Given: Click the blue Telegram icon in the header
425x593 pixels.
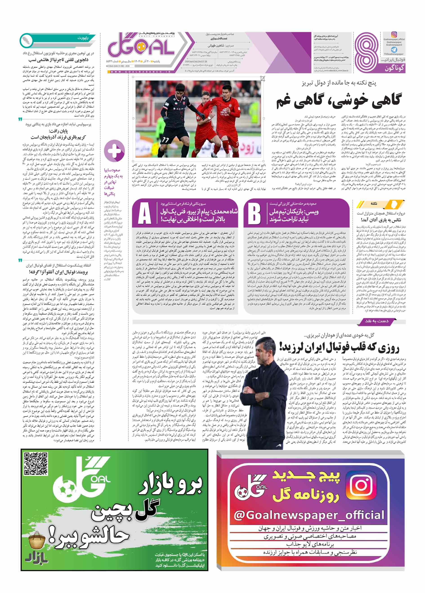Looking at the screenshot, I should click(x=394, y=49).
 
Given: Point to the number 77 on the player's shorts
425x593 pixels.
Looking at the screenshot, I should click(x=165, y=140).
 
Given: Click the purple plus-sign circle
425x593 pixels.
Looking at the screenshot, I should click(x=114, y=151).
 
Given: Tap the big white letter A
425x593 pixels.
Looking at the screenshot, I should click(x=144, y=213).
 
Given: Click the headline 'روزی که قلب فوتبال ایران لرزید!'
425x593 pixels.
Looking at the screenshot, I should click(x=339, y=347).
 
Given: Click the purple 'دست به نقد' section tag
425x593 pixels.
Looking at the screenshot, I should click(x=377, y=321).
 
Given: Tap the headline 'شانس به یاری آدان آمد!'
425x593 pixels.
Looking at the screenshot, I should click(x=380, y=220).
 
